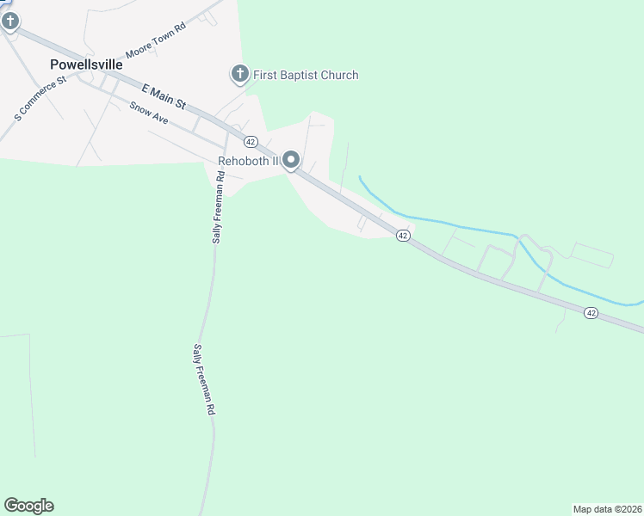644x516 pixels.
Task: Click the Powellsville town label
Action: tap(86, 64)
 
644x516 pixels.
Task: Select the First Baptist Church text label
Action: tap(306, 76)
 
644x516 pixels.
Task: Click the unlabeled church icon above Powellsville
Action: tap(9, 21)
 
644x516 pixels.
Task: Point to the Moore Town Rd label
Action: tap(156, 40)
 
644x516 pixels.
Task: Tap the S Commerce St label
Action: tap(40, 98)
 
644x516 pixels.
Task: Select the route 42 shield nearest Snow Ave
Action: tap(251, 141)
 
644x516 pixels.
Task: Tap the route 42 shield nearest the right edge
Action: tap(590, 313)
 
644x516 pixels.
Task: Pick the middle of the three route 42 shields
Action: tap(402, 236)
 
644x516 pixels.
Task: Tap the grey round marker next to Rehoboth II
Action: tap(292, 161)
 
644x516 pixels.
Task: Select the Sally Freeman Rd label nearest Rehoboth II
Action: tap(219, 206)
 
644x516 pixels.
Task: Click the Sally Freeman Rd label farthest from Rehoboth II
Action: tap(203, 381)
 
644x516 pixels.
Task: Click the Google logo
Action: tap(28, 506)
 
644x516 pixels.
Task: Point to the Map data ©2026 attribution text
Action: tap(608, 509)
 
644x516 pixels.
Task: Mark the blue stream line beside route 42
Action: tap(465, 226)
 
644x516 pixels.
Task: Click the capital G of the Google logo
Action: tap(11, 506)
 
